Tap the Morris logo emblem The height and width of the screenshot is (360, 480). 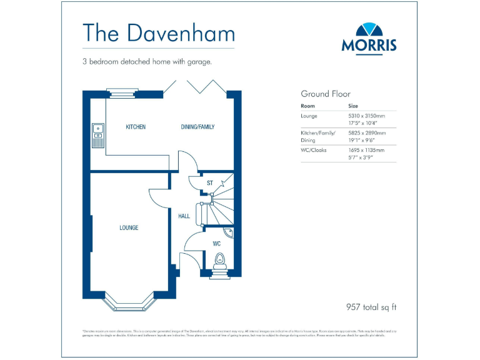tap(368, 29)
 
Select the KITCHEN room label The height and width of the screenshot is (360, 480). tap(136, 127)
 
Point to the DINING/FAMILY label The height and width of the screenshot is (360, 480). tap(197, 127)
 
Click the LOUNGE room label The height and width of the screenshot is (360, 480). tap(129, 227)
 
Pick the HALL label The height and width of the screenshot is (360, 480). tap(184, 216)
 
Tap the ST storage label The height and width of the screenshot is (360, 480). tap(211, 183)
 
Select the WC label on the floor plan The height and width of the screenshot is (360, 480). tap(216, 243)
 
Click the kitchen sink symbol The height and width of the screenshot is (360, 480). tap(98, 132)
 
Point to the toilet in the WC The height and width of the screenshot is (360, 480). tap(219, 259)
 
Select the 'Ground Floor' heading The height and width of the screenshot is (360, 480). tap(326, 94)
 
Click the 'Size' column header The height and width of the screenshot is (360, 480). tap(353, 106)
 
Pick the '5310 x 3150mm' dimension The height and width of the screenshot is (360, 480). tap(366, 116)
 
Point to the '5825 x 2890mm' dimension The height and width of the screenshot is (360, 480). tap(366, 133)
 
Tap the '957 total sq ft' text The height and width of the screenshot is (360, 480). tap(371, 307)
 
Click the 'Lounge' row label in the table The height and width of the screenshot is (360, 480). tap(309, 116)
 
